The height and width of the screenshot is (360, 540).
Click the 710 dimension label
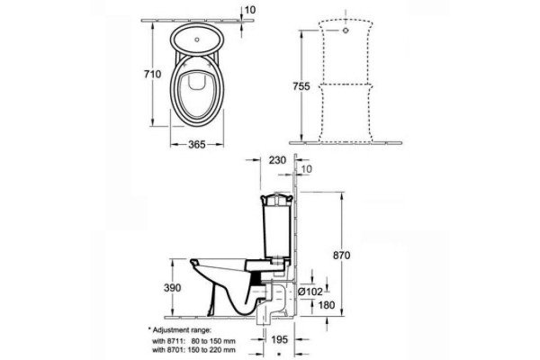point(152,74)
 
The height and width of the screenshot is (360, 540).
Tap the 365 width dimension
point(196,145)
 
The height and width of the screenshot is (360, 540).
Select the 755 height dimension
point(301,86)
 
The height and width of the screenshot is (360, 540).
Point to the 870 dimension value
point(342,256)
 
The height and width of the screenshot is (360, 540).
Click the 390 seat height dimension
point(172,288)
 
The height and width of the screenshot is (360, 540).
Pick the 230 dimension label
point(277,160)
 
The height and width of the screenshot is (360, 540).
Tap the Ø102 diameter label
point(310,292)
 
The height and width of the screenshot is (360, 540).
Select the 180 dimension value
point(327,305)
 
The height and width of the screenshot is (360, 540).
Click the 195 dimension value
point(279,340)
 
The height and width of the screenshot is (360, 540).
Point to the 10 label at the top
point(250,10)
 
